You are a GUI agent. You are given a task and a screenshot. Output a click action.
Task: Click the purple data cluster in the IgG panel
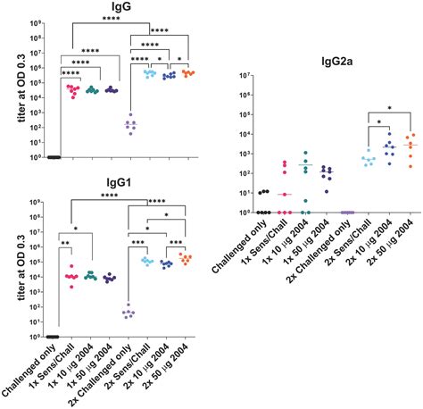click(131, 125)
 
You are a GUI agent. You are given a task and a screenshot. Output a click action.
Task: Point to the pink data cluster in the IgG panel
click(74, 89)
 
